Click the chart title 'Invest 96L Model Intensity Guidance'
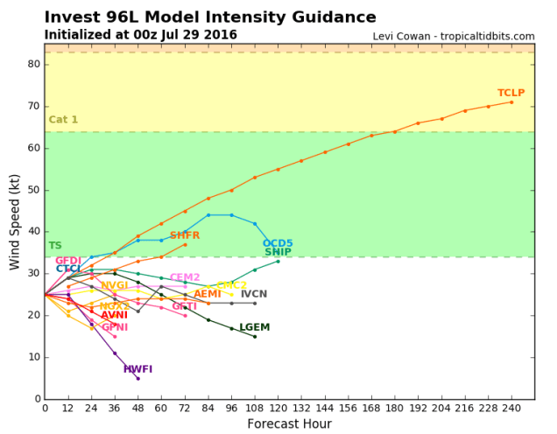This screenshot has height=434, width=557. [x=210, y=17]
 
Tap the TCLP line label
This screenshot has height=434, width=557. [x=511, y=93]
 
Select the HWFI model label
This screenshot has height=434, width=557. [x=137, y=369]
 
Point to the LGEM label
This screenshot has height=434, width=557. [x=254, y=327]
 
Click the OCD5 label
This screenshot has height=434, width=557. [x=278, y=243]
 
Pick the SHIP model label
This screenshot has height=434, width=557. [x=278, y=252]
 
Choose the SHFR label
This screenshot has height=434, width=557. [x=185, y=235]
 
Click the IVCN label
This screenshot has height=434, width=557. [x=254, y=294]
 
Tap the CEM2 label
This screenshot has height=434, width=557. [x=185, y=277]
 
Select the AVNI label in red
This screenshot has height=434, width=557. [x=114, y=315]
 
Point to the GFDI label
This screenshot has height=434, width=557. [x=68, y=261]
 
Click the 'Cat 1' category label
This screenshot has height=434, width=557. [x=63, y=120]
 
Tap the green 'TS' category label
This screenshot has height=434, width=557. [x=55, y=246]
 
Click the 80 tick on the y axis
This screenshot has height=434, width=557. [x=33, y=64]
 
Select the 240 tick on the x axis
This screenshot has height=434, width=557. [x=511, y=408]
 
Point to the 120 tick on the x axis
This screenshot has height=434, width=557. [x=278, y=408]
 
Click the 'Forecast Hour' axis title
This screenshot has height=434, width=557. [x=289, y=424]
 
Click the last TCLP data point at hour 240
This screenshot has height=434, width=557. [x=511, y=102]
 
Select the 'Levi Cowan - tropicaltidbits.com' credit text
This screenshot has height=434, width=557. [x=453, y=37]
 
